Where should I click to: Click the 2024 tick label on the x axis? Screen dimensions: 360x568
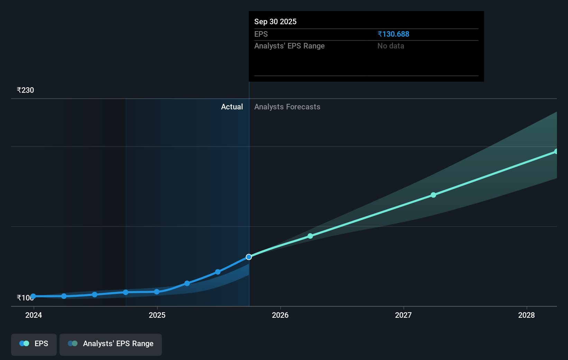click(34, 315)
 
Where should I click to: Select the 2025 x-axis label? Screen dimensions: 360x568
click(157, 315)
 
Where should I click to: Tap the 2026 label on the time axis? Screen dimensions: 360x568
click(280, 315)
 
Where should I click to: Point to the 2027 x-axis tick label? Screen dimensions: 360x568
click(403, 315)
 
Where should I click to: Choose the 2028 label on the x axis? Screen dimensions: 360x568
click(526, 315)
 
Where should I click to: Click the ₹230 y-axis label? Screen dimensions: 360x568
click(25, 90)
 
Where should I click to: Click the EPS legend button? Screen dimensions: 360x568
click(34, 344)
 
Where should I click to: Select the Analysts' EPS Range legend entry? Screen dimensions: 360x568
click(111, 344)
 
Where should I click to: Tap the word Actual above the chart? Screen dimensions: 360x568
click(232, 107)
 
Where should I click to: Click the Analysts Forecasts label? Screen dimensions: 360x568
click(287, 107)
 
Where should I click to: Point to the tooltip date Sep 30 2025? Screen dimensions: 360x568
click(275, 22)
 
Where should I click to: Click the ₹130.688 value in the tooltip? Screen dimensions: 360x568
click(393, 34)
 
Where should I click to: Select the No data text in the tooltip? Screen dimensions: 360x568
click(391, 46)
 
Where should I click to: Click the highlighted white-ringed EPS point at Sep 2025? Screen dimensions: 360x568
click(249, 257)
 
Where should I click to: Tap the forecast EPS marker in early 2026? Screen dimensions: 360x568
click(310, 236)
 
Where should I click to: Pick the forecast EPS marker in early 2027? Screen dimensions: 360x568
click(433, 195)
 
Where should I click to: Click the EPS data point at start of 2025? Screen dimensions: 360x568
click(157, 292)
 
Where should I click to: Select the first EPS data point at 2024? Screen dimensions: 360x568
click(33, 296)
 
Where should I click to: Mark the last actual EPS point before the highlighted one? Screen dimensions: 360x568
click(218, 272)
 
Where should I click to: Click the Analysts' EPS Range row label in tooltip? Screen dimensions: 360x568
click(289, 46)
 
